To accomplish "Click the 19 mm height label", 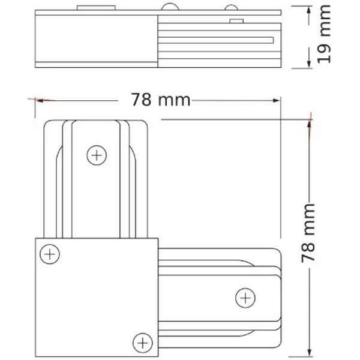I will (x=325, y=35).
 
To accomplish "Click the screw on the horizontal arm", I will (x=244, y=296).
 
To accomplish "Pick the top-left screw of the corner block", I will (x=50, y=254).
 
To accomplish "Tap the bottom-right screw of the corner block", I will (x=142, y=342).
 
